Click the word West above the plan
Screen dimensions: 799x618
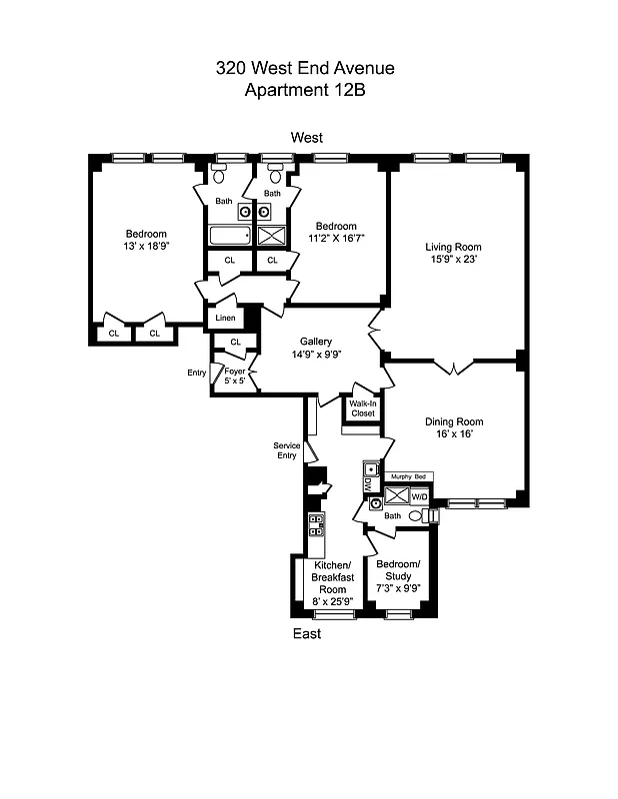306,137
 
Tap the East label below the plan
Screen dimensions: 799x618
306,634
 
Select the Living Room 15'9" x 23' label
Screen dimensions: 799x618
453,254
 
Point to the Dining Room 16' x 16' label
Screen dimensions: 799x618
453,427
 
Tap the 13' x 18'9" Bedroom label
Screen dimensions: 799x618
146,239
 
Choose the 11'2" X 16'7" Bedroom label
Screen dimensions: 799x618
336,232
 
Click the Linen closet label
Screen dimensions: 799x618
225,319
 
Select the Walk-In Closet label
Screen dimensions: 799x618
362,408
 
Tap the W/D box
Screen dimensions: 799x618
420,495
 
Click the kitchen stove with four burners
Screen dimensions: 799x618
315,525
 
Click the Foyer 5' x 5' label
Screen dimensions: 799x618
234,377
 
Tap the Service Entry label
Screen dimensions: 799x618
286,450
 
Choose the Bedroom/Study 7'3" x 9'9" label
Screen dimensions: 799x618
398,582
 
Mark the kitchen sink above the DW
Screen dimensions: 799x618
370,468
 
